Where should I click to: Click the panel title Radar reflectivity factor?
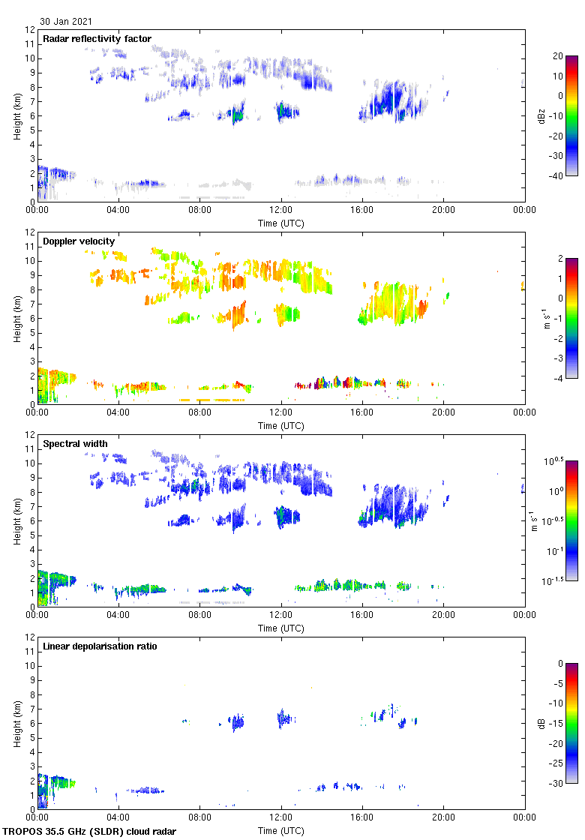tap(97, 39)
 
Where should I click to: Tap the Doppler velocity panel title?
tap(79, 241)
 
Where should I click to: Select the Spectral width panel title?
tap(75, 444)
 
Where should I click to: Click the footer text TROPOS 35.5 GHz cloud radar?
tap(90, 832)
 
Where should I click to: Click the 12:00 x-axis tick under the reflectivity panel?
tap(281, 211)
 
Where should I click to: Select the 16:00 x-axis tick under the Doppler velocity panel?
tap(362, 413)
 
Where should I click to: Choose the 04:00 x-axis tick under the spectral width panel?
tap(118, 616)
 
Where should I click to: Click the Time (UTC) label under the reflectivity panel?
tap(281, 223)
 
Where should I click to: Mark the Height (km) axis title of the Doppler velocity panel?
tap(17, 318)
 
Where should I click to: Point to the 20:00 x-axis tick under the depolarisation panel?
tap(443, 818)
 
